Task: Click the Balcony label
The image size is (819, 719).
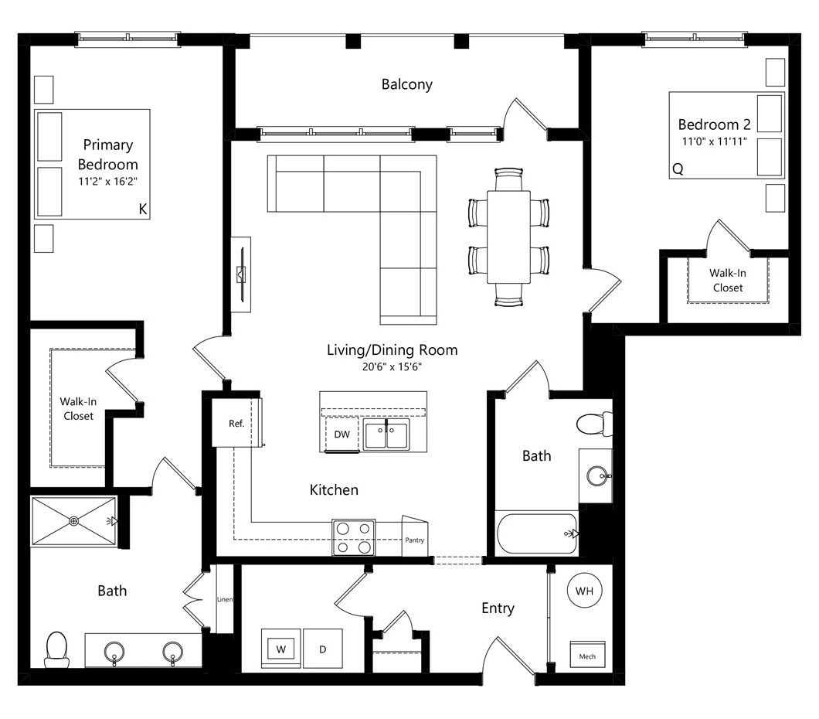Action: [407, 84]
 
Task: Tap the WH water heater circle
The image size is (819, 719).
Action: [584, 591]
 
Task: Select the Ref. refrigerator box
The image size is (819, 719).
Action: [236, 423]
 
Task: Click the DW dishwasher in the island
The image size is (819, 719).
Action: [342, 434]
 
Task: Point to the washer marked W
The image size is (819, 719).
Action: [281, 649]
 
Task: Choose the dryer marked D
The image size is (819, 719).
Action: [323, 649]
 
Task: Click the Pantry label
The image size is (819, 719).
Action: [415, 540]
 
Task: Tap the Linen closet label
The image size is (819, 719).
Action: [225, 599]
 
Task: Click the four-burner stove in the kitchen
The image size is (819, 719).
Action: [354, 537]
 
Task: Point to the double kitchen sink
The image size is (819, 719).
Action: [386, 434]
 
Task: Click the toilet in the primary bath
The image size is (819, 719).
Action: [57, 649]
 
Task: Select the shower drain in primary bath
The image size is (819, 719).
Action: [74, 521]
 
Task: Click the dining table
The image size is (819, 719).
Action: [508, 237]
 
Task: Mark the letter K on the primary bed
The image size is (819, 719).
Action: [143, 209]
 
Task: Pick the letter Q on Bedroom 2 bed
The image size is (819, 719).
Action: [678, 169]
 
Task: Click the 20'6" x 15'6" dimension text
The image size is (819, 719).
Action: [392, 366]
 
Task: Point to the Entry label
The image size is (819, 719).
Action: [498, 608]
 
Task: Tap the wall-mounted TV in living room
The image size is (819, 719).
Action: [241, 274]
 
